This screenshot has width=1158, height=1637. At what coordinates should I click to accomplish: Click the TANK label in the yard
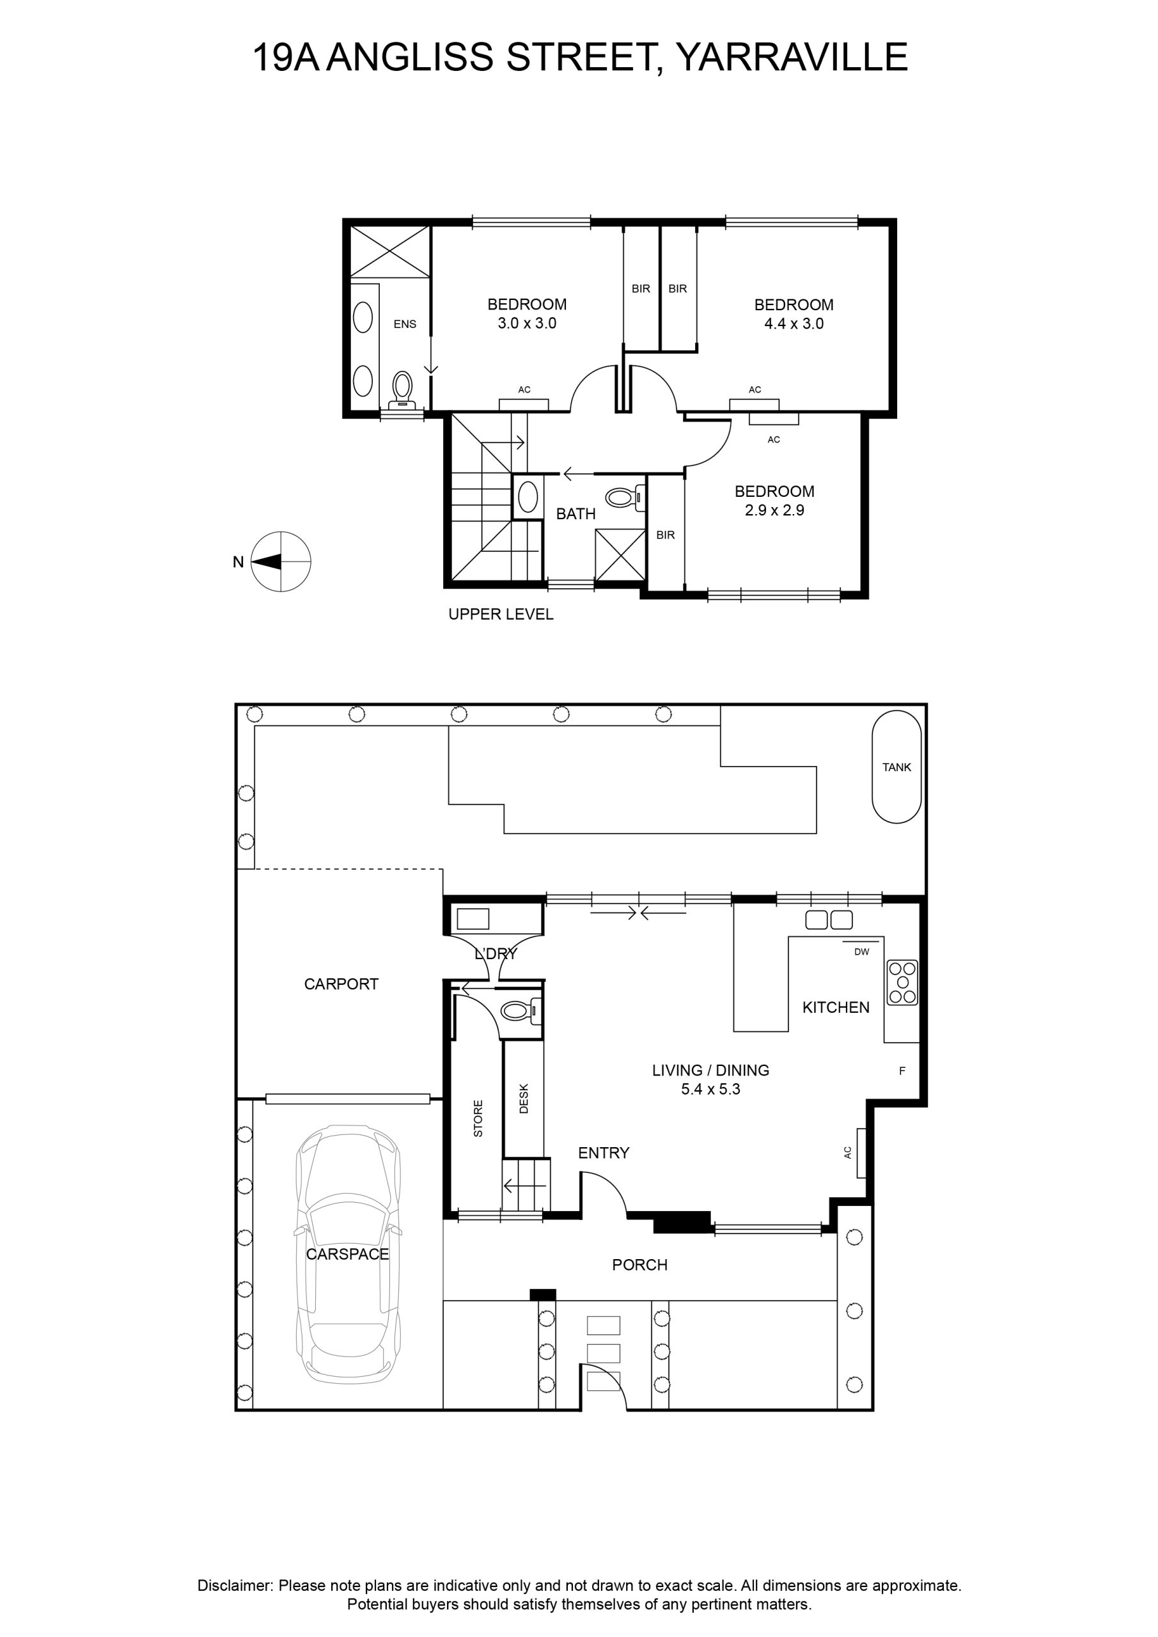coord(896,767)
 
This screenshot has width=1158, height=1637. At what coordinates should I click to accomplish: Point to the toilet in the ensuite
coord(402,390)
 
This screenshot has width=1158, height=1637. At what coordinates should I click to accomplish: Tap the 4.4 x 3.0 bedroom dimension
coord(794,324)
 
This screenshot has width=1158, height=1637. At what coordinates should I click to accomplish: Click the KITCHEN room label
coord(836,1007)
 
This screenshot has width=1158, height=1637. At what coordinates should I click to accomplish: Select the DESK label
coord(524,1099)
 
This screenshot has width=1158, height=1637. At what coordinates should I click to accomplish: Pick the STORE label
coord(478,1118)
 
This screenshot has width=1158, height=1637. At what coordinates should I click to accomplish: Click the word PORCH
coord(639,1265)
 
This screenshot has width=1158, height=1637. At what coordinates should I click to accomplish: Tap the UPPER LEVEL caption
coord(501,614)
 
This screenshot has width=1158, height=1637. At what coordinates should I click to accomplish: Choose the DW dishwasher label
coord(861,952)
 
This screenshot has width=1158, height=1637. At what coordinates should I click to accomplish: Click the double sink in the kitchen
coord(829,920)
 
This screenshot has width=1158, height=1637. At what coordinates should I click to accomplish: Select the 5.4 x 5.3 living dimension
coord(710,1090)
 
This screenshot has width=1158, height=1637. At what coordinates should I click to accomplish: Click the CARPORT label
coord(341,984)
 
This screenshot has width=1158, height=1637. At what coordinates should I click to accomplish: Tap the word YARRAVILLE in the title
coord(792,57)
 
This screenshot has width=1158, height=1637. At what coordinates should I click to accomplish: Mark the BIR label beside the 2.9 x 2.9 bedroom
coord(665,535)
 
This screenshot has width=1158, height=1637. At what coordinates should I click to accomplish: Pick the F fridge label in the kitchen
coord(902,1071)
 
